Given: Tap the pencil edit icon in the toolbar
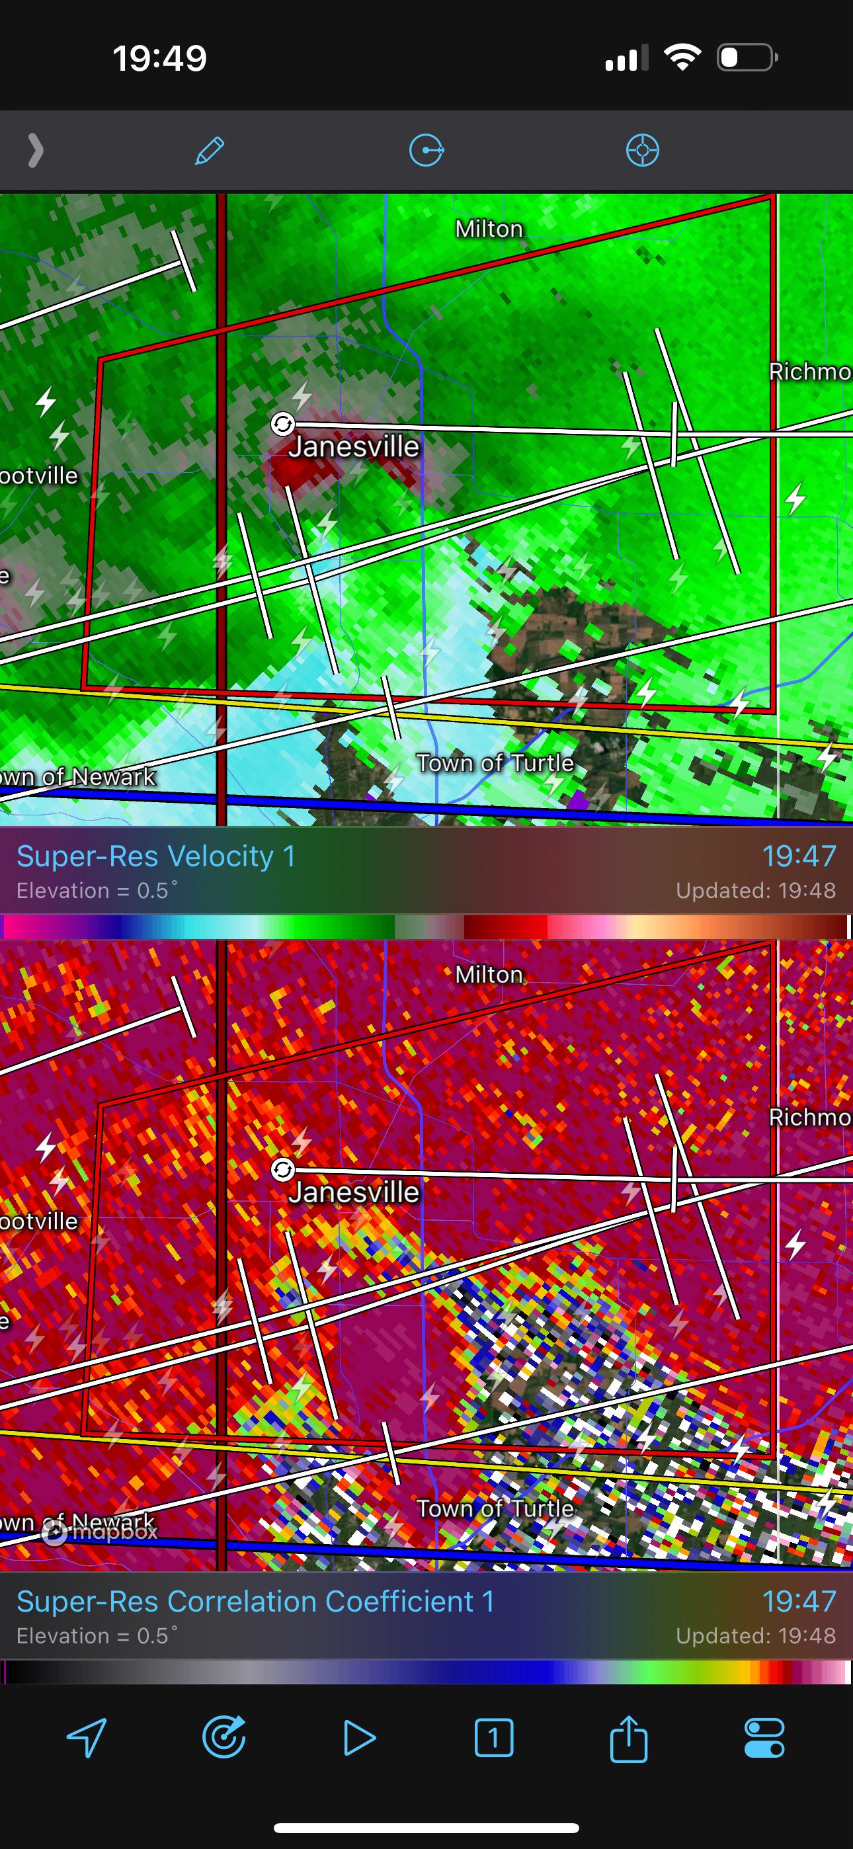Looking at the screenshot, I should coord(210,151).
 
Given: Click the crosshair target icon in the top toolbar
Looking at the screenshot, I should coord(642,151).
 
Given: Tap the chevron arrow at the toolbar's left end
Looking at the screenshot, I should coord(35,151).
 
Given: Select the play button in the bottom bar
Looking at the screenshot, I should coord(359,1738).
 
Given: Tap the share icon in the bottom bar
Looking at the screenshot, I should coord(628,1738).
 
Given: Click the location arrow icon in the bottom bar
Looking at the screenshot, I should coord(87,1738).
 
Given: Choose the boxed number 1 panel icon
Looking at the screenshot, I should coord(494,1738).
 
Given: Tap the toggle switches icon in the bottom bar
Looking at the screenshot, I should coord(764,1738).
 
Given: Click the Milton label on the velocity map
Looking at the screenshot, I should coord(489,229).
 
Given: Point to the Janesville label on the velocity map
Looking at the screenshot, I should coord(353,446).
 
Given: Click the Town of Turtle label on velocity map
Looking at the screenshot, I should coord(495,762).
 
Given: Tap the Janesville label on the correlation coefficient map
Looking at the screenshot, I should coord(353,1192).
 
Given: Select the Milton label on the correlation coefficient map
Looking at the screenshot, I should coord(489,975).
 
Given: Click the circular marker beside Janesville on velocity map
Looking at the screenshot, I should coord(283,424).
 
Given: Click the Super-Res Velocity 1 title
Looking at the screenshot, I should coord(156,856).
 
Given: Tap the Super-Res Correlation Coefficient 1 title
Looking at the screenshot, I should coord(256,1602).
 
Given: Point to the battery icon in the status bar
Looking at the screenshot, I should coord(747,58).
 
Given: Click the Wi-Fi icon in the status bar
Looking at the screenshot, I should coord(683,58).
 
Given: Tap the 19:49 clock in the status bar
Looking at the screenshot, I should coord(159,58).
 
